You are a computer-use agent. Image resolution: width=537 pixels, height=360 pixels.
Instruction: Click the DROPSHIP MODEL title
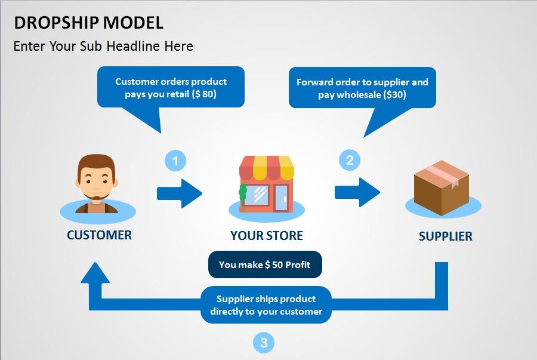88,23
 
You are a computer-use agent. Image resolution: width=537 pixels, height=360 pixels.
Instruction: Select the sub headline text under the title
103,46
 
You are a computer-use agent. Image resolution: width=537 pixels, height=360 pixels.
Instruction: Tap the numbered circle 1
175,161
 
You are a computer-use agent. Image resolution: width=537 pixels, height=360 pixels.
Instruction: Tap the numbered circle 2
350,160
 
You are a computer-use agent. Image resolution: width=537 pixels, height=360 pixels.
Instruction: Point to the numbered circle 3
264,343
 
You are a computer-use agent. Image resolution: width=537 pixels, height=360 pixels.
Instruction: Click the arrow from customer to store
180,193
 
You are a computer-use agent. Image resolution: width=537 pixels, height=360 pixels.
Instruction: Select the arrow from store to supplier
357,192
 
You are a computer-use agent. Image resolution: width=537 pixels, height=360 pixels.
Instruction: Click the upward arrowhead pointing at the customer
95,273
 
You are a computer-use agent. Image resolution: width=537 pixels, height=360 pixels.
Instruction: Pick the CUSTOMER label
99,235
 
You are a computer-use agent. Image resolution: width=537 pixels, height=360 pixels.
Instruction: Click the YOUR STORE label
267,236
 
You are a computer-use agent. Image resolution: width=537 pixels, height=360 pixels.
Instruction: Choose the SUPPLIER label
446,236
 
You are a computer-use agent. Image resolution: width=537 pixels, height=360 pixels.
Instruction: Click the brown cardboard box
442,187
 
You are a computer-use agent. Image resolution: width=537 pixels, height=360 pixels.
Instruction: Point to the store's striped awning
267,168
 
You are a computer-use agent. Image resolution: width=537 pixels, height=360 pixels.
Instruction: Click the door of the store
282,198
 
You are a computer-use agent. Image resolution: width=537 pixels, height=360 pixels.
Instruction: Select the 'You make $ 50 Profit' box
265,264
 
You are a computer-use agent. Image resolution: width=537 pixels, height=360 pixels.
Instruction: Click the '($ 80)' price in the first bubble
204,94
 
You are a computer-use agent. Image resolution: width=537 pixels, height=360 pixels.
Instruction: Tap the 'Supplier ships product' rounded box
266,305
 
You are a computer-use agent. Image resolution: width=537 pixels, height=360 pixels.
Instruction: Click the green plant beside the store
243,194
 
